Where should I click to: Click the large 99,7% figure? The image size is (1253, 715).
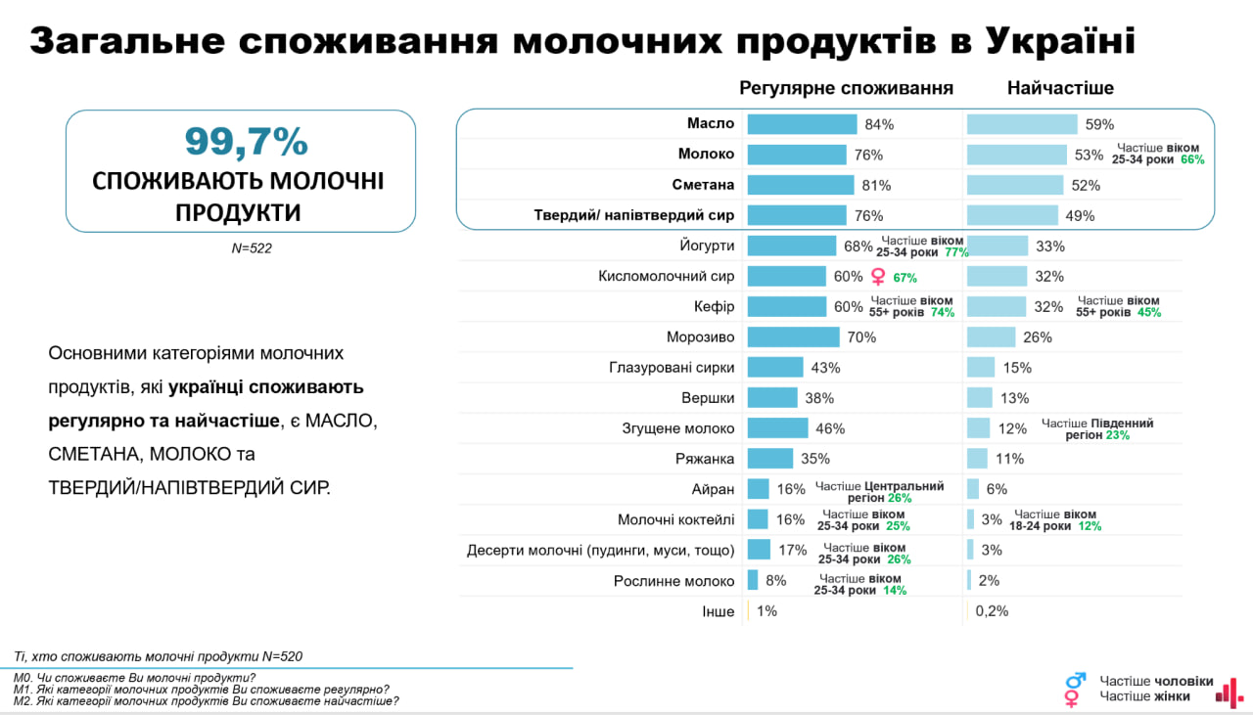tap(246, 143)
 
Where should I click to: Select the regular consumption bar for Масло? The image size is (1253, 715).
tap(802, 124)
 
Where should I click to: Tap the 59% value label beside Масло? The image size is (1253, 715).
tap(1098, 124)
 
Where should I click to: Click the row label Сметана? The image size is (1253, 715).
tap(705, 185)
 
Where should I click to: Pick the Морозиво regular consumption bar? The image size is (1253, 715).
tap(793, 337)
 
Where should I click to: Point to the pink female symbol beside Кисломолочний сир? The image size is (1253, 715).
tap(878, 277)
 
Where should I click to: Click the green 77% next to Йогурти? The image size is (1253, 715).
tap(956, 252)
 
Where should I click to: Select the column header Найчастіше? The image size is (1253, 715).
tap(1060, 88)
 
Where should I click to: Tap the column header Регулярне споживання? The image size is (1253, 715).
tap(846, 88)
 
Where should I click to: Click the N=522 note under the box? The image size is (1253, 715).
tap(252, 248)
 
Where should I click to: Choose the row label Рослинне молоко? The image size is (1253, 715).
tap(673, 581)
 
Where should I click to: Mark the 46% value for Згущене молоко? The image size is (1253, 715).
tap(830, 428)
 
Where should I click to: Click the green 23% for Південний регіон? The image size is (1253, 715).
tap(1118, 435)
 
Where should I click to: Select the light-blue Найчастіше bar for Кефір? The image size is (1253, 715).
tap(997, 306)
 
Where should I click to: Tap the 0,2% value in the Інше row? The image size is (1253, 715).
tap(992, 611)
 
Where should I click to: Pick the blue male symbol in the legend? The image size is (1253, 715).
tap(1075, 680)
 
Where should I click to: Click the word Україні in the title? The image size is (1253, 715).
tap(1060, 41)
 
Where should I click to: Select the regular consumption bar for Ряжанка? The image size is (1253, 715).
tap(769, 459)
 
